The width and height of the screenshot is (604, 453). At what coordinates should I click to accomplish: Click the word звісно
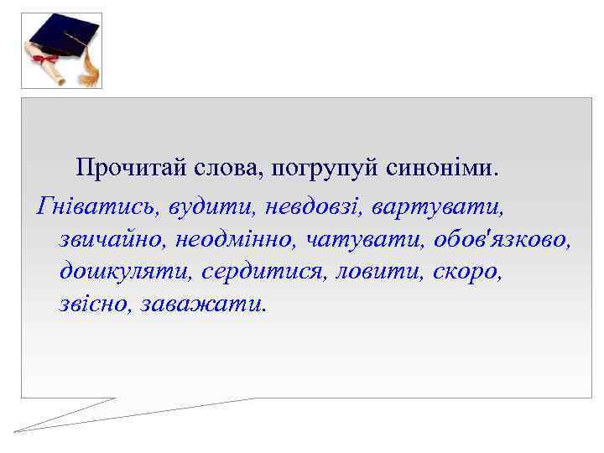(x=89, y=304)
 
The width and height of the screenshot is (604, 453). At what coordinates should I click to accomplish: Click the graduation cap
(x=63, y=38)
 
